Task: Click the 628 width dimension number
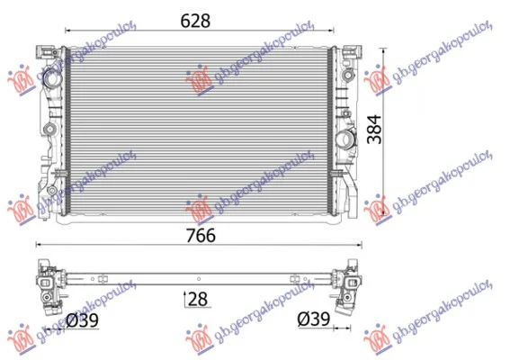pyautogui.click(x=195, y=22)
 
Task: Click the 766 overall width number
pyautogui.click(x=201, y=235)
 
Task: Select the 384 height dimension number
pyautogui.click(x=374, y=130)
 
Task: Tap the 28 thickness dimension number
pyautogui.click(x=198, y=299)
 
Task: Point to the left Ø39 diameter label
pyautogui.click(x=82, y=320)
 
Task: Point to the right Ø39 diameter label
pyautogui.click(x=314, y=319)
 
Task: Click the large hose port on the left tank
pyautogui.click(x=51, y=77)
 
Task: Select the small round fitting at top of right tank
pyautogui.click(x=347, y=76)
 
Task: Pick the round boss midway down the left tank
pyautogui.click(x=49, y=129)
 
